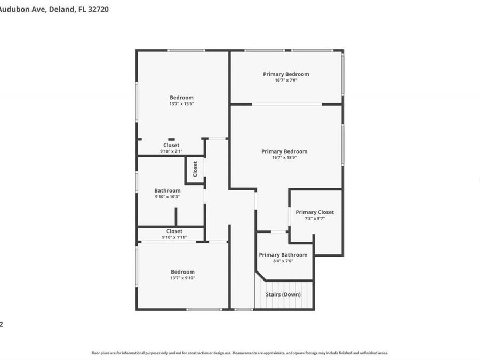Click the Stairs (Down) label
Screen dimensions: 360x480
[x=283, y=294]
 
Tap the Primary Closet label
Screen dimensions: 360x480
[x=315, y=212]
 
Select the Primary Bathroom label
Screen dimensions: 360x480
[x=283, y=255]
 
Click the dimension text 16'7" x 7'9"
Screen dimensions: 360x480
[x=286, y=81]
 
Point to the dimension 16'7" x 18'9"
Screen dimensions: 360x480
[x=284, y=158]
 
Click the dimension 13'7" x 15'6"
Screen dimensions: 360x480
[x=181, y=103]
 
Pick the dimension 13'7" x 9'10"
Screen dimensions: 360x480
[x=182, y=278]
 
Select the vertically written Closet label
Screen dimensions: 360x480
[x=195, y=169]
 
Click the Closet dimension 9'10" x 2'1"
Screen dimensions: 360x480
[x=171, y=151]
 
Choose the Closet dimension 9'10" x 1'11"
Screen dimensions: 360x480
[x=174, y=237]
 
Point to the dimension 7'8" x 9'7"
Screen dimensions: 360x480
[x=315, y=218]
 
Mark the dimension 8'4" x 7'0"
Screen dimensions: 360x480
[x=283, y=261]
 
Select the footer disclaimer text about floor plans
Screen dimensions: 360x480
[x=239, y=353]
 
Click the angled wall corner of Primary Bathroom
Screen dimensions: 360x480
[x=261, y=276]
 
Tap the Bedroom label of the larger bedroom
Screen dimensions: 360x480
[x=181, y=98]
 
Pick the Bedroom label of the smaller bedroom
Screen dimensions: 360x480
[x=182, y=272]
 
